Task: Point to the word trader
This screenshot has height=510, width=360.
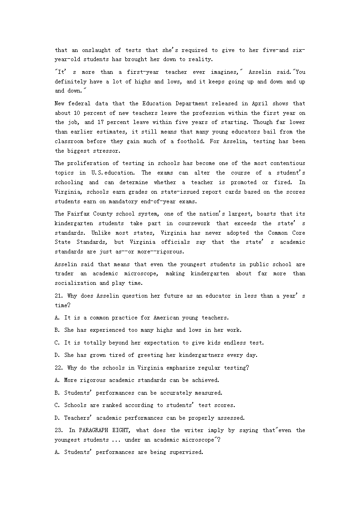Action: (64, 273)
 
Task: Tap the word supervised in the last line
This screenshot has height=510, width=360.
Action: (186, 452)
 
